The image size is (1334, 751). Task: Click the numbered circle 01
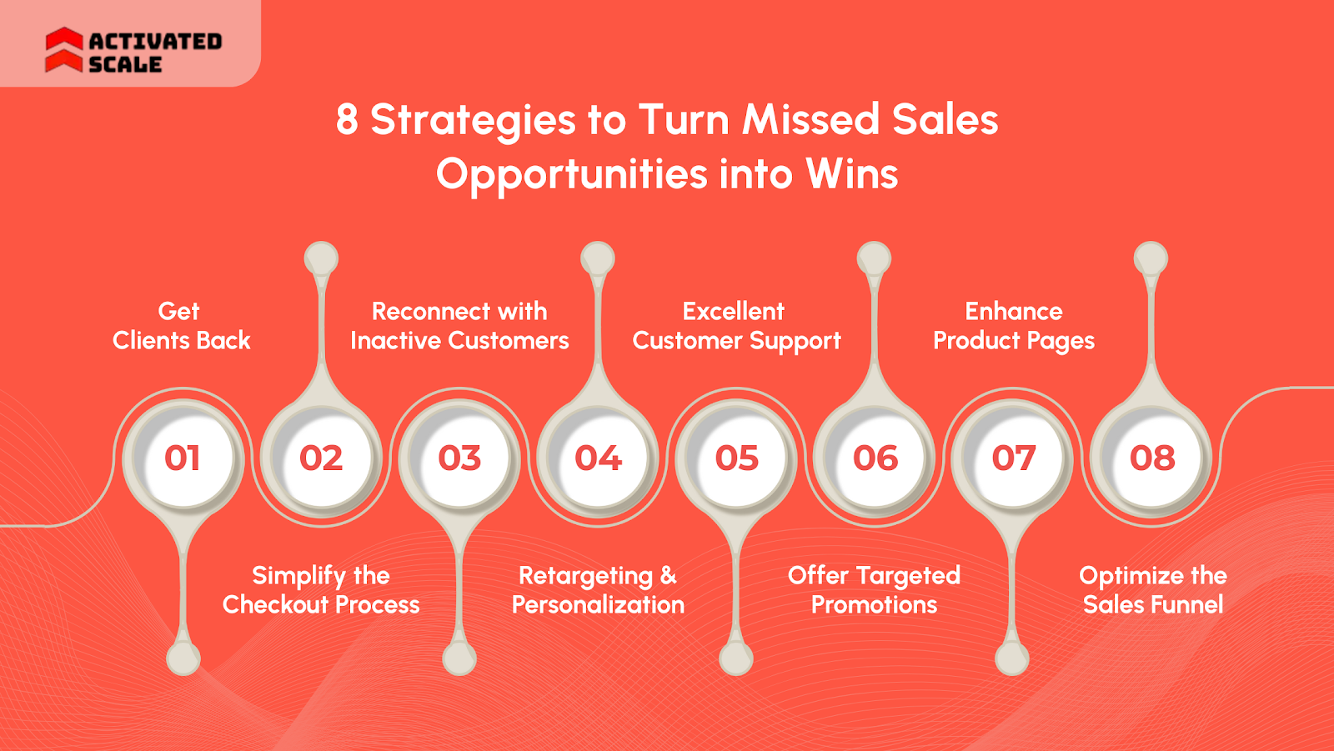[x=182, y=458]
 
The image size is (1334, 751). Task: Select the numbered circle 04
[x=598, y=458]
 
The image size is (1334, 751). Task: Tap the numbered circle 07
[x=1013, y=458]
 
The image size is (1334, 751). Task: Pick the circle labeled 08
[x=1152, y=458]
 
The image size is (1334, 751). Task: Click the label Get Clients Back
[x=181, y=326]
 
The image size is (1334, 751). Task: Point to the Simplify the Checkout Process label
[x=321, y=590]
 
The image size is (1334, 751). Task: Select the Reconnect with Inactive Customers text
[x=459, y=326]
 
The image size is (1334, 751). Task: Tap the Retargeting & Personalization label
[x=598, y=590]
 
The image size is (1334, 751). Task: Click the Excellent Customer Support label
[x=735, y=326]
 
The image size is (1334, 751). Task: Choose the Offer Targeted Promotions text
[x=874, y=590]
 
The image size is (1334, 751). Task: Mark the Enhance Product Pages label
[x=1014, y=326]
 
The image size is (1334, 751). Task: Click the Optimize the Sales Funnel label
[x=1153, y=590]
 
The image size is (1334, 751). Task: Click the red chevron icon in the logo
[x=64, y=50]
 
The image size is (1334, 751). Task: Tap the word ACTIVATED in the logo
[x=155, y=41]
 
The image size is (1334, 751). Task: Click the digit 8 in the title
[x=347, y=119]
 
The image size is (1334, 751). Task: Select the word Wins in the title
[x=851, y=174]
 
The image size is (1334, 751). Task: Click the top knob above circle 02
[x=321, y=258]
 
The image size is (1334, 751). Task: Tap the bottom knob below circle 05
[x=735, y=658]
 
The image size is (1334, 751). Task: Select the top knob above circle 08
[x=1151, y=258]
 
